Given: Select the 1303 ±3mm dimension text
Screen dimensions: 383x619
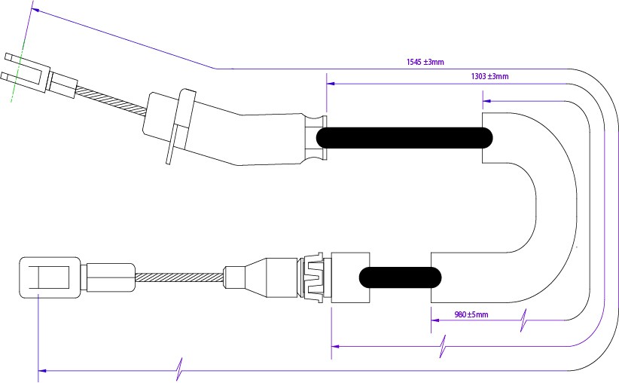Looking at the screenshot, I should click(x=489, y=76).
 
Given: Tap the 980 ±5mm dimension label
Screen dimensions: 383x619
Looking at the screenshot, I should click(x=471, y=314).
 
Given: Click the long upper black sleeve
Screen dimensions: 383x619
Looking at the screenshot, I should click(x=404, y=137).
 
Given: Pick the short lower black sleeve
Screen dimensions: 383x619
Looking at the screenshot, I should click(x=400, y=277).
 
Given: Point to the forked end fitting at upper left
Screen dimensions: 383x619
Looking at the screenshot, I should click(x=23, y=68).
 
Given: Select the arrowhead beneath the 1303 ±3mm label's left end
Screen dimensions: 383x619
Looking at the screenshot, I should click(x=331, y=84).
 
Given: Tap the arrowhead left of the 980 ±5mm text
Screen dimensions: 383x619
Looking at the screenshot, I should click(x=435, y=320).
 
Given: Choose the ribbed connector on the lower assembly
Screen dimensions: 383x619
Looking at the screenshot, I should click(x=313, y=277).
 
